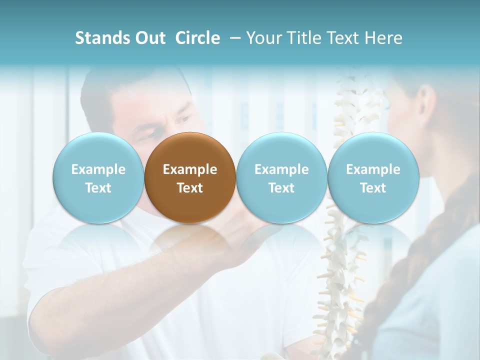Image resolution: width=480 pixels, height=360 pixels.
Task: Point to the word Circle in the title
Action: (x=197, y=38)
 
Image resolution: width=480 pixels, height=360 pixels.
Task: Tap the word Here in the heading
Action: (x=383, y=38)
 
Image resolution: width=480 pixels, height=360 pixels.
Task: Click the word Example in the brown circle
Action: (x=190, y=169)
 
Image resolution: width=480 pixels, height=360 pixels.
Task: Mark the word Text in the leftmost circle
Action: (x=98, y=188)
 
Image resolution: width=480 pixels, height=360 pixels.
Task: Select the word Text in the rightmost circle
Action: (x=373, y=188)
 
